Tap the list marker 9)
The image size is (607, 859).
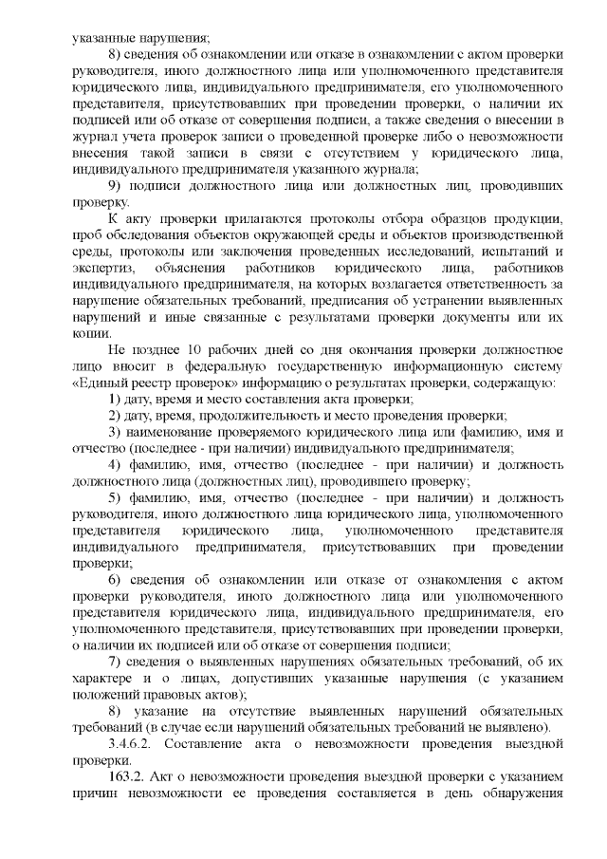[116, 184]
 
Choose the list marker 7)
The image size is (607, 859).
[116, 660]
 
